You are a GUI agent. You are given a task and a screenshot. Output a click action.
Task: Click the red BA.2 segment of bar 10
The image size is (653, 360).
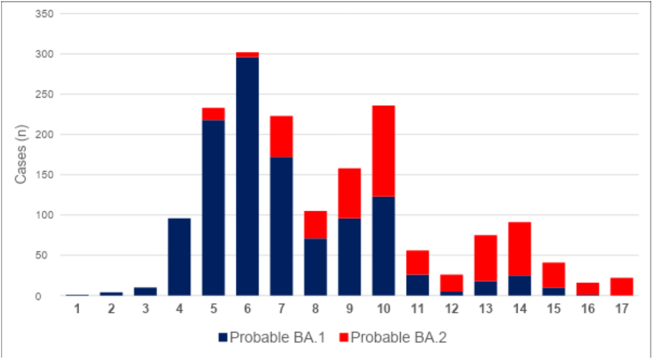[x=383, y=151]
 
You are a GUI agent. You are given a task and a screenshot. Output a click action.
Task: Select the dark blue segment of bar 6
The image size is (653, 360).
[x=247, y=177]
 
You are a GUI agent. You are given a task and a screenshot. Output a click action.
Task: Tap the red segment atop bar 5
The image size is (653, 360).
[x=213, y=114]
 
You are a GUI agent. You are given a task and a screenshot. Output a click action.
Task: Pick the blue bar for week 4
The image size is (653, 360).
[x=179, y=257]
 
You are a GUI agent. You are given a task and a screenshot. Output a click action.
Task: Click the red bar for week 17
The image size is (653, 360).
[x=621, y=287]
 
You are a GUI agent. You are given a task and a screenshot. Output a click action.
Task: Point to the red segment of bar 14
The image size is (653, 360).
[x=519, y=249]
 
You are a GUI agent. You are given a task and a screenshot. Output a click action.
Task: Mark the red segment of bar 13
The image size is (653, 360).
[x=485, y=258]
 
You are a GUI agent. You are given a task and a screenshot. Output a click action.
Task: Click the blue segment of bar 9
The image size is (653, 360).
[x=349, y=257]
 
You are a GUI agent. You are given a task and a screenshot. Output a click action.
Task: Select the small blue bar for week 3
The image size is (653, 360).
[x=145, y=292]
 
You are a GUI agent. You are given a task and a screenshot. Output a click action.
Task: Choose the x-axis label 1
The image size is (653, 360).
[x=77, y=309]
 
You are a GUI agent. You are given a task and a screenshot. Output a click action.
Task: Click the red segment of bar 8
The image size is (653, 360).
[x=315, y=225]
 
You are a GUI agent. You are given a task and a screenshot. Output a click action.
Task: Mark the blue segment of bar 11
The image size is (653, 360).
[x=417, y=285]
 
